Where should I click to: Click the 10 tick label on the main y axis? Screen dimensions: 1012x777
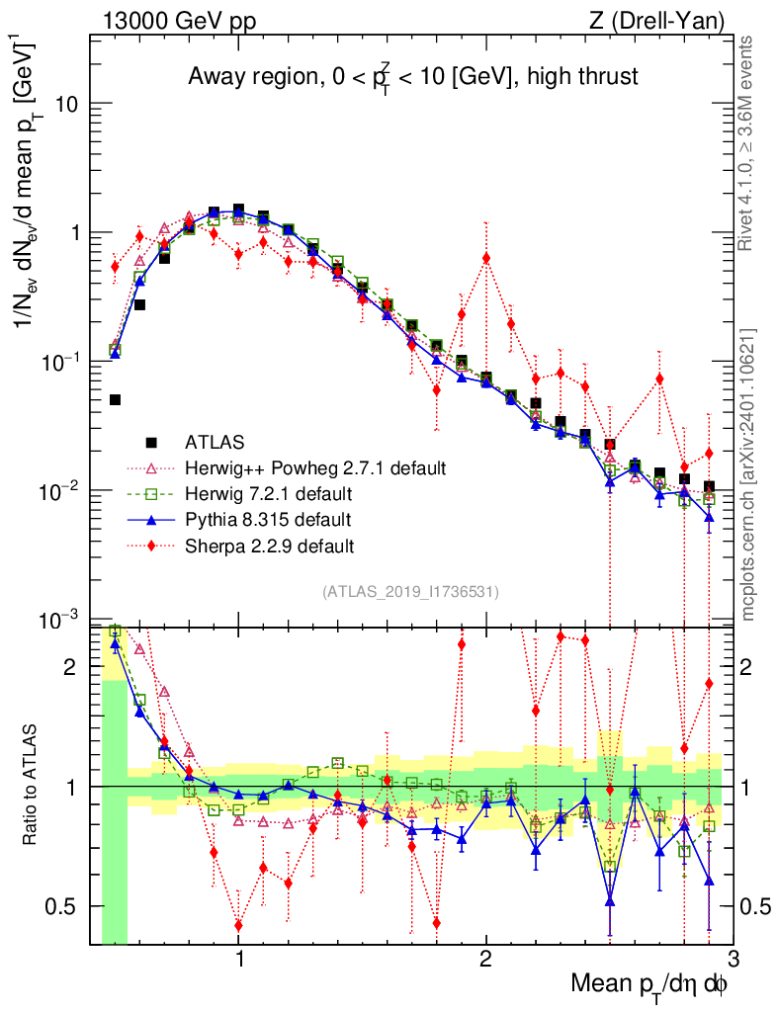click(65, 105)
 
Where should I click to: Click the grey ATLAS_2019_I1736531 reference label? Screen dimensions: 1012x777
click(410, 592)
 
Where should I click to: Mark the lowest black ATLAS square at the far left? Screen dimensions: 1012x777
click(115, 399)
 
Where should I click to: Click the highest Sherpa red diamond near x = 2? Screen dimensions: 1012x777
click(486, 258)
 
